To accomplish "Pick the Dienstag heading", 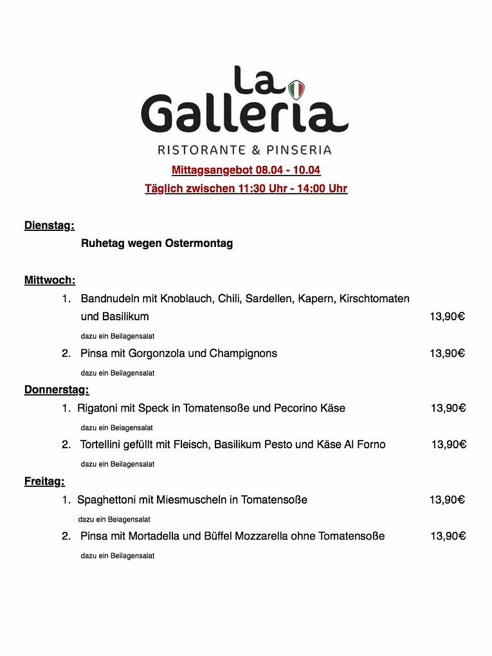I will (50, 225).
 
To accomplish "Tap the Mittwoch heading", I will (50, 280).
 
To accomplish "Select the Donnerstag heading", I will (57, 390).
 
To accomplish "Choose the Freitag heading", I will (44, 481).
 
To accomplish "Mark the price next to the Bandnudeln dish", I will (447, 316).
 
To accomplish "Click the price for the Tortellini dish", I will (448, 444).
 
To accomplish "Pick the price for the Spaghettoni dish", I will (447, 500).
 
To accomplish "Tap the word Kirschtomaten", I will (374, 299).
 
